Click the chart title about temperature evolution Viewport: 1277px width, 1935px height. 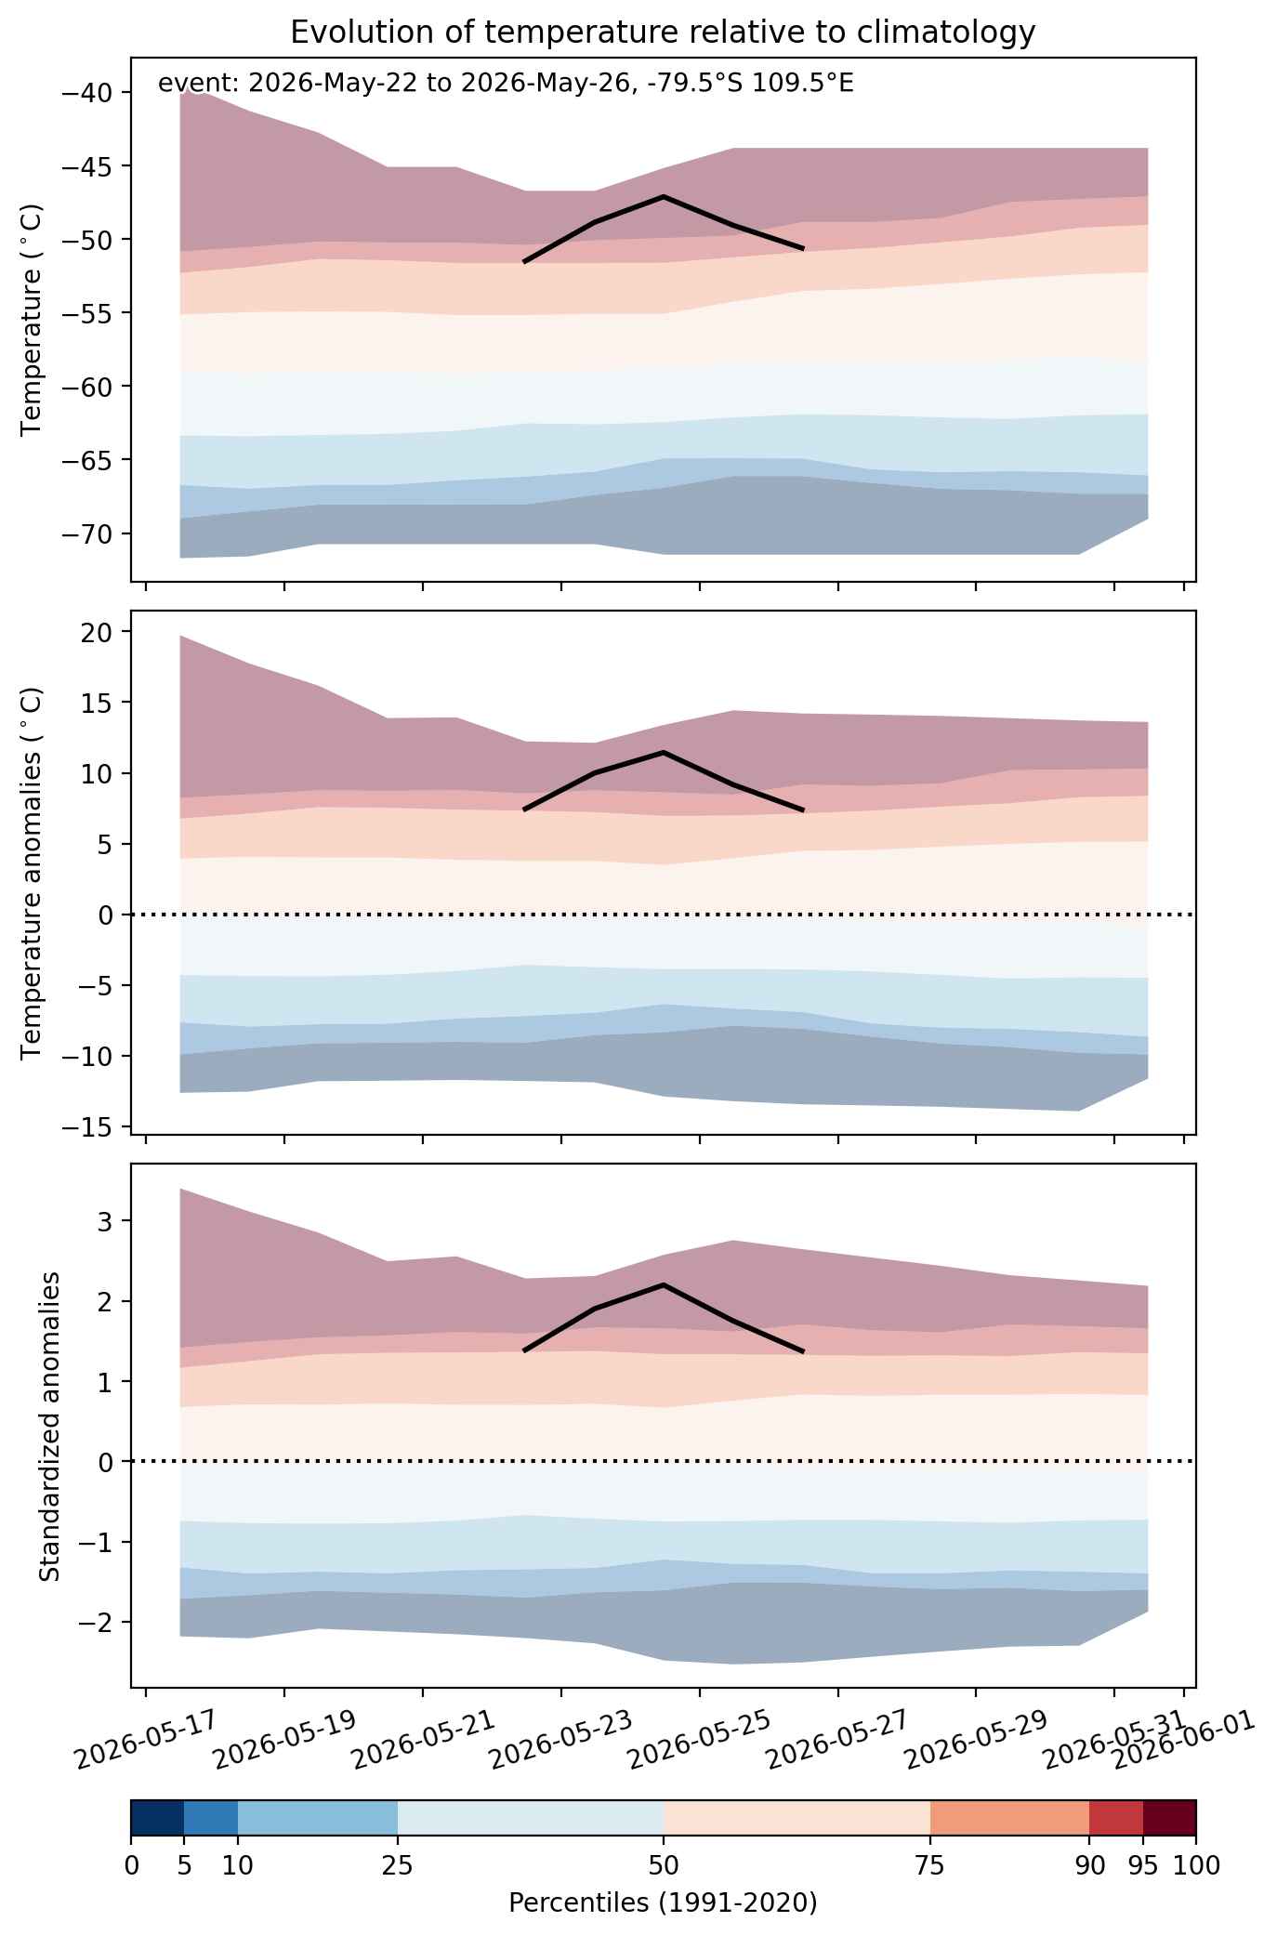663,33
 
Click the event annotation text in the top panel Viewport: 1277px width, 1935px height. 506,84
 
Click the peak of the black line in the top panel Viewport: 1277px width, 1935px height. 664,196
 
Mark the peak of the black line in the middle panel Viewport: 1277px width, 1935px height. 664,752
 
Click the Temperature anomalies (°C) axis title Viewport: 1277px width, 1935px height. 32,873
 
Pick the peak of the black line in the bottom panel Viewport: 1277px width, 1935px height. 664,1284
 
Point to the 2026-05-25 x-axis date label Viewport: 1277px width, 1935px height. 699,1740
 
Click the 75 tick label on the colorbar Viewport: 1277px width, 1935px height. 930,1864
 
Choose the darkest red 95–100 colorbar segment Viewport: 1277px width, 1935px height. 1169,1818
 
